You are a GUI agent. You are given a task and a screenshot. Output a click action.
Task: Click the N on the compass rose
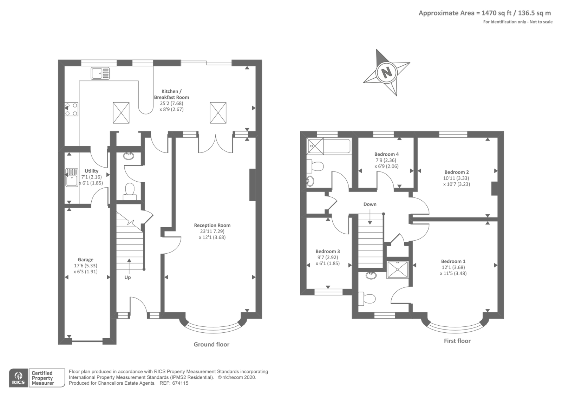click(387, 73)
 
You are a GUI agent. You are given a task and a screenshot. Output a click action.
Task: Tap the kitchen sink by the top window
click(100, 73)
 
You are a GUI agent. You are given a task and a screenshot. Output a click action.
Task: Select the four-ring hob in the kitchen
click(71, 109)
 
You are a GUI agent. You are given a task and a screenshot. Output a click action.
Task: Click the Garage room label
click(85, 260)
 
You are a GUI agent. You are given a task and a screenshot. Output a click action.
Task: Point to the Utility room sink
click(72, 177)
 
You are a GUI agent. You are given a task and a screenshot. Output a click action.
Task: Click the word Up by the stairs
click(128, 278)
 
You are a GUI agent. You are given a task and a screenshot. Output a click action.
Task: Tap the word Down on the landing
click(370, 204)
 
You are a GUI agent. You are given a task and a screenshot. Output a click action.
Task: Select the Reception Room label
click(212, 225)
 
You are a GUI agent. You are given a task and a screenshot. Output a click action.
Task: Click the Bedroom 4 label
click(386, 154)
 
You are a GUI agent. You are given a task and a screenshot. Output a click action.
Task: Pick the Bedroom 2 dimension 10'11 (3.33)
click(456, 178)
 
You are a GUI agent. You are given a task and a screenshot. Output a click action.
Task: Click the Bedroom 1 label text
click(453, 261)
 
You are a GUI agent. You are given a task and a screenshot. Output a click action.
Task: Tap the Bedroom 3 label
click(328, 251)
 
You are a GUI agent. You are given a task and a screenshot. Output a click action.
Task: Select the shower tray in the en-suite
click(397, 269)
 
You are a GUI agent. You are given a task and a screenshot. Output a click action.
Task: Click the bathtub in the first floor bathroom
click(329, 146)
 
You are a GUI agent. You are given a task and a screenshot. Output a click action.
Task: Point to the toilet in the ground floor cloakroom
click(130, 191)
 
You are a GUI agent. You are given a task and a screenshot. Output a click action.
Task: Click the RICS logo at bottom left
click(19, 378)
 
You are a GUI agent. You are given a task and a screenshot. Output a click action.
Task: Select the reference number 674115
click(180, 383)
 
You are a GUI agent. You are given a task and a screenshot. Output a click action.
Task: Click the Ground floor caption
click(211, 344)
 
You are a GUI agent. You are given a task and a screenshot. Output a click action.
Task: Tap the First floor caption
click(457, 341)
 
